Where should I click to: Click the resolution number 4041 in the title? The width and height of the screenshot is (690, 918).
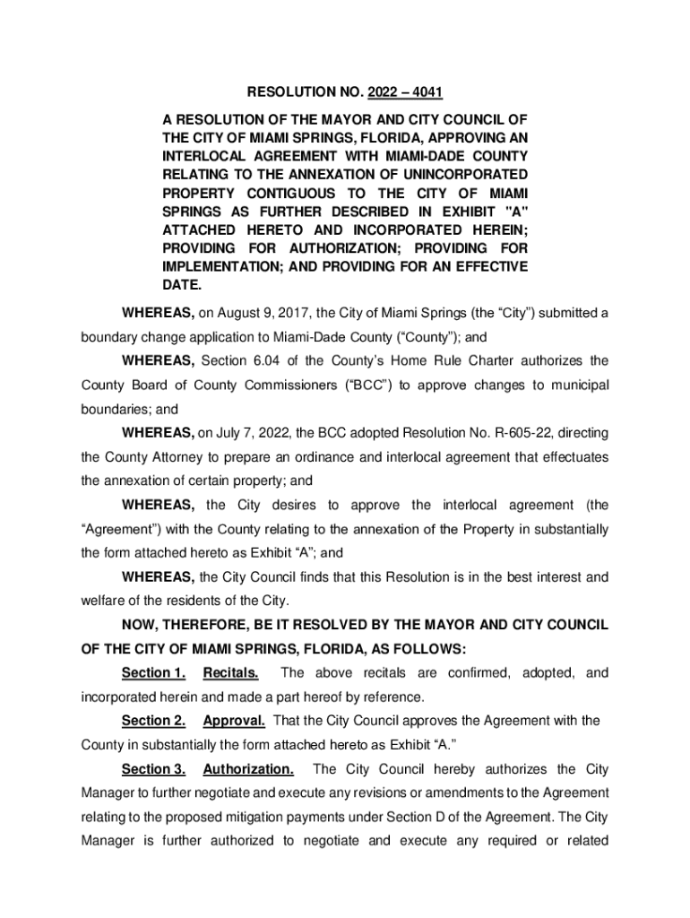[426, 93]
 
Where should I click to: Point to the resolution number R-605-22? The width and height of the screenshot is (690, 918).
[493, 433]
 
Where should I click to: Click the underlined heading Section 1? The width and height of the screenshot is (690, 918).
[153, 672]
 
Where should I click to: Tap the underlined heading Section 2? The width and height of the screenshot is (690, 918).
[153, 721]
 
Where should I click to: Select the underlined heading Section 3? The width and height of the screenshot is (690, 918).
[153, 769]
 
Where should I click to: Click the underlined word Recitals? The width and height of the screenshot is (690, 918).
[231, 672]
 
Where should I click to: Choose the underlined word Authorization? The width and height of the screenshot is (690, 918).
[248, 769]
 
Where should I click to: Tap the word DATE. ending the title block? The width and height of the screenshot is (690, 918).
[182, 286]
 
